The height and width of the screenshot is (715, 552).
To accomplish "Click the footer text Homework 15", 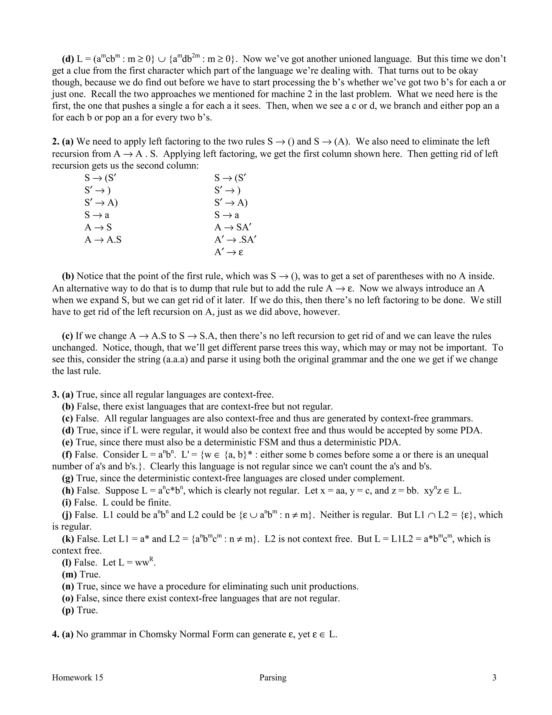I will (78, 677).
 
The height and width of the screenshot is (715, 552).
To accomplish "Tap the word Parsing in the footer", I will (273, 677).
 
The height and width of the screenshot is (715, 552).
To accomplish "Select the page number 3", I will (494, 677).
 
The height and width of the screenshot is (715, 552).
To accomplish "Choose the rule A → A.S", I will (103, 240).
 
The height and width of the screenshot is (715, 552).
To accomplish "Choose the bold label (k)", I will (68, 539).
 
